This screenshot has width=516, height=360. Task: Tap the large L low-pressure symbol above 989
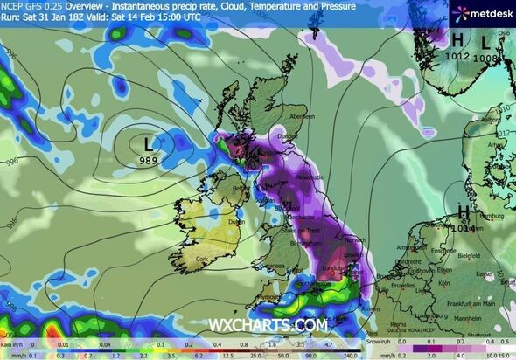coord(149,142)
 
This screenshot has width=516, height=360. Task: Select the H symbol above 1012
coord(457,40)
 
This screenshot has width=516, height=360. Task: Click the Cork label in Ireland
coord(204,260)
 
